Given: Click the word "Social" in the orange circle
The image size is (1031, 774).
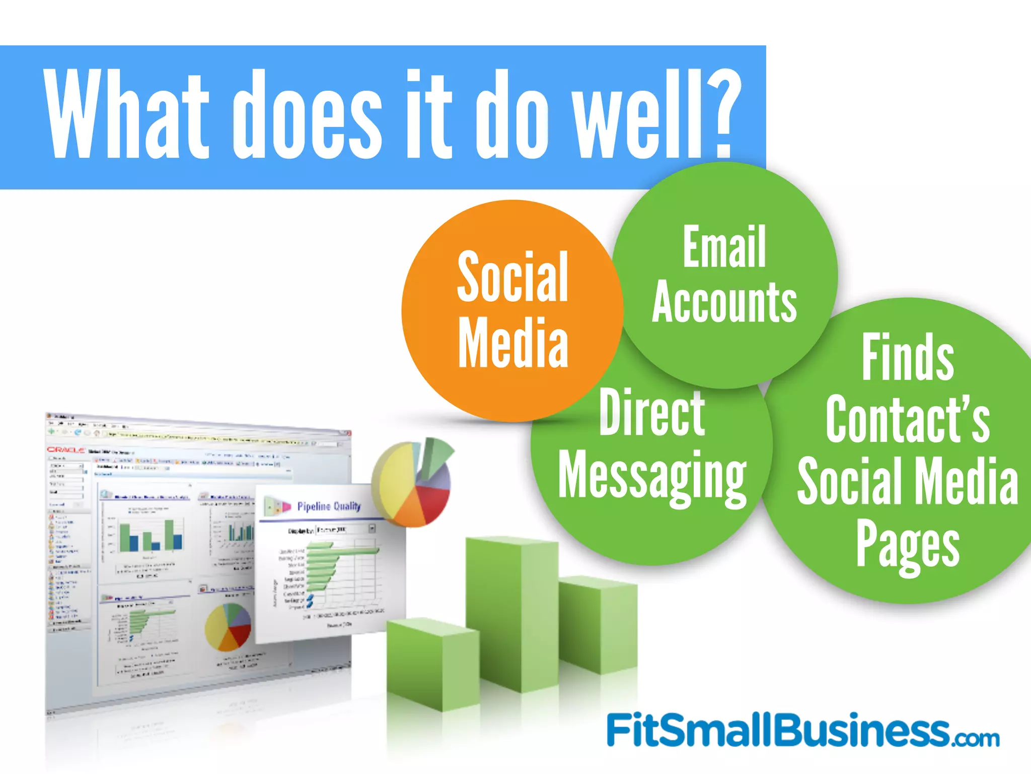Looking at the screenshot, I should click(512, 277).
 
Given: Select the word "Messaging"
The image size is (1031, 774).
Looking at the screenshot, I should click(652, 476).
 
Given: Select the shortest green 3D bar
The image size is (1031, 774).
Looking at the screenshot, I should click(433, 665).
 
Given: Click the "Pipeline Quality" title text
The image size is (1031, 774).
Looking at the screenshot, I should click(329, 506).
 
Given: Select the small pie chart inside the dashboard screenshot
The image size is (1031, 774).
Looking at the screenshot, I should click(228, 627).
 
